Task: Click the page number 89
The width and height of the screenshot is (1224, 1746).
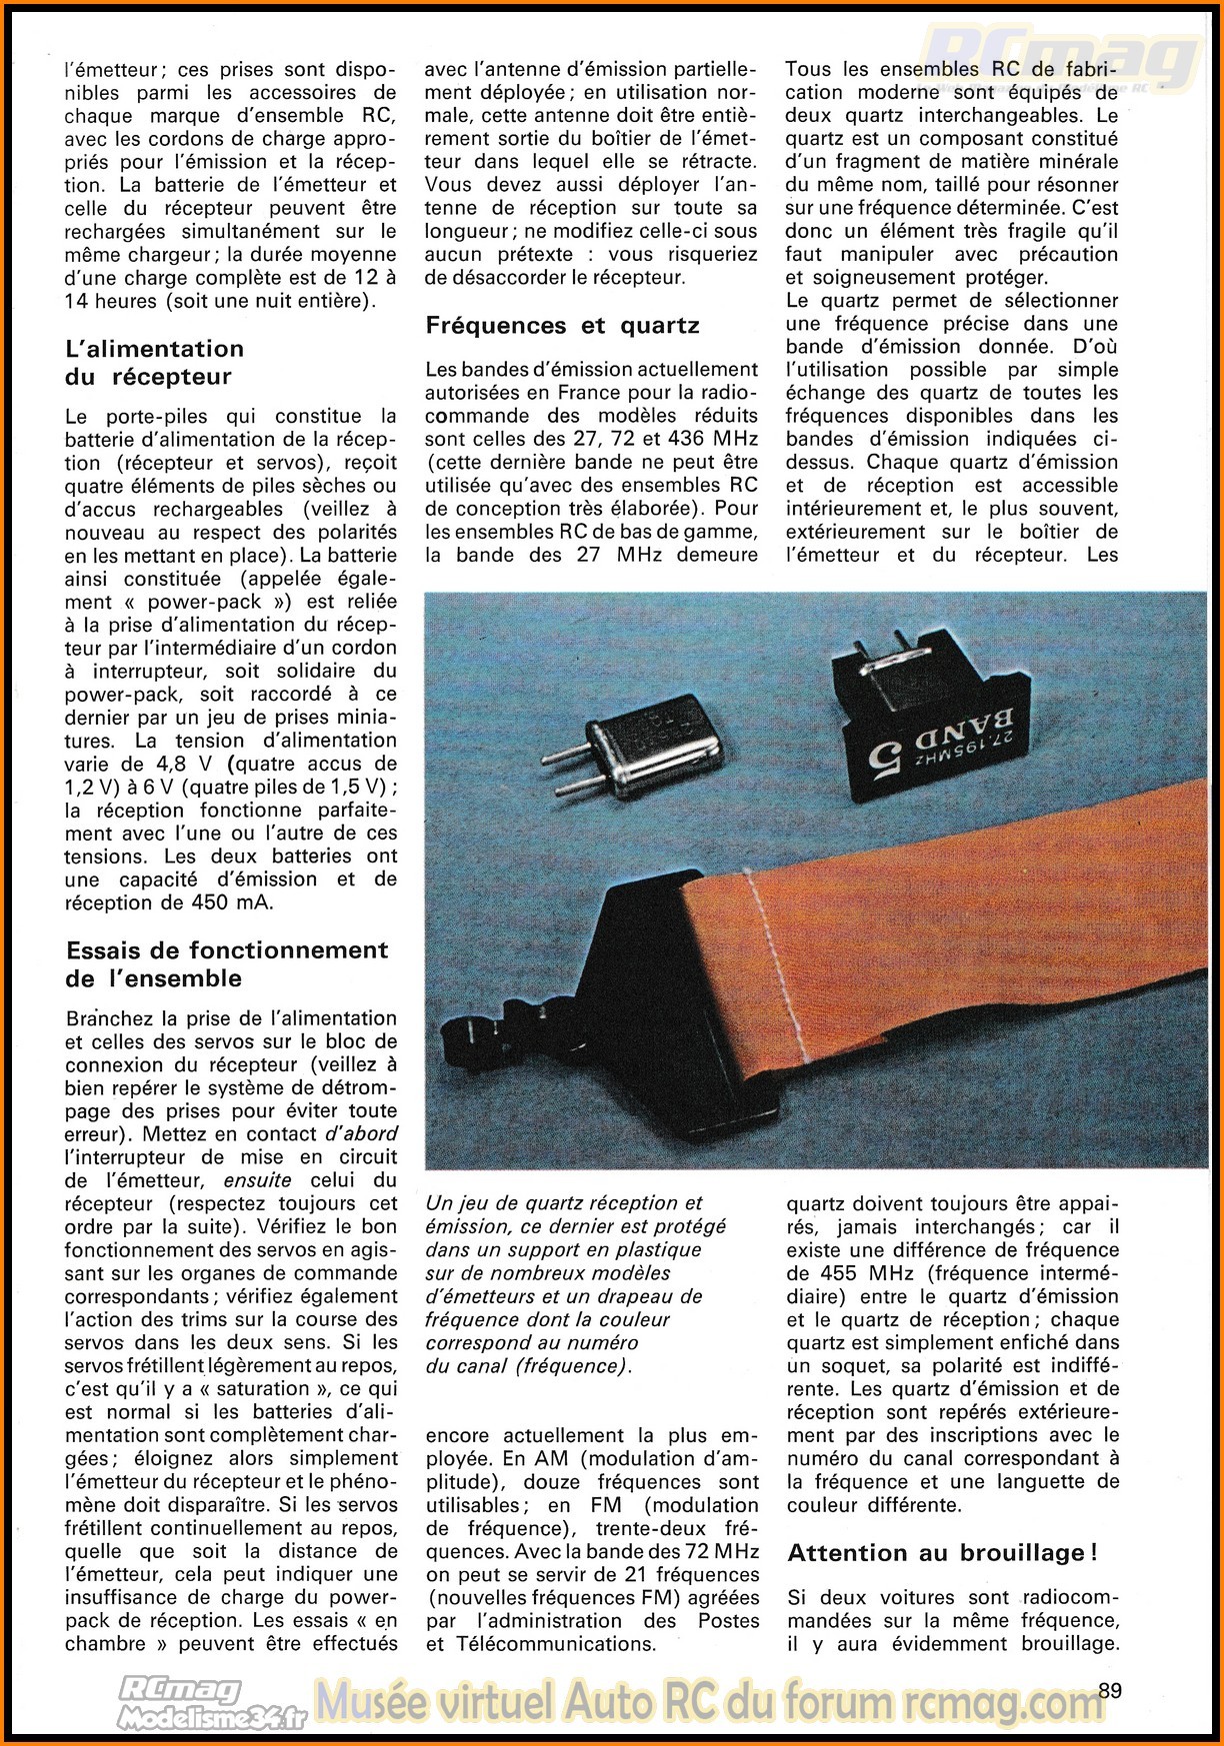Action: [x=1110, y=1690]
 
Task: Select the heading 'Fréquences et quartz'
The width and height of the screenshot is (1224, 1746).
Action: [x=562, y=326]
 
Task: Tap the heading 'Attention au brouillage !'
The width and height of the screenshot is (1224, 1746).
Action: [x=942, y=1552]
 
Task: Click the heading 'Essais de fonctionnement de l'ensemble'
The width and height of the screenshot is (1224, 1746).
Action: [x=227, y=963]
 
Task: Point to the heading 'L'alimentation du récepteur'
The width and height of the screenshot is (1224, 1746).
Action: [x=154, y=362]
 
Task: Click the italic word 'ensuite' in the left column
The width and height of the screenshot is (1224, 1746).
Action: [x=258, y=1180]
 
